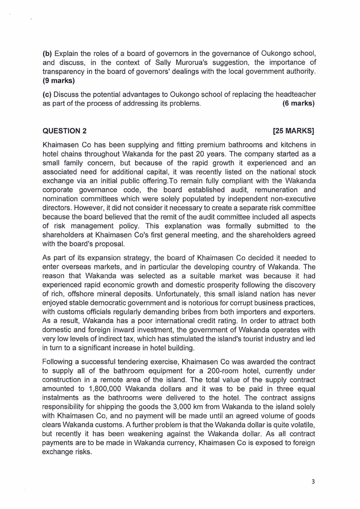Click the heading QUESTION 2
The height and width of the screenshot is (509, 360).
pyautogui.click(x=64, y=132)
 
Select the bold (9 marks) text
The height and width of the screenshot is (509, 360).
pyautogui.click(x=58, y=81)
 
